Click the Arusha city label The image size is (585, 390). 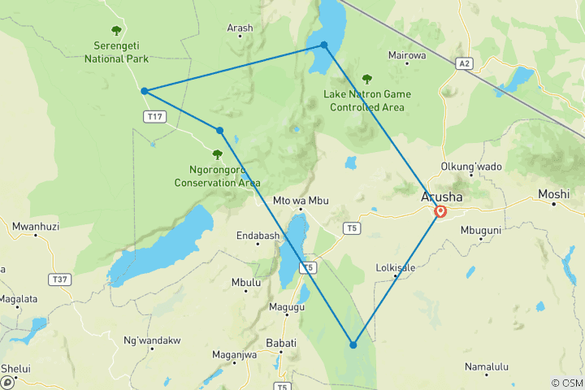pos(442,197)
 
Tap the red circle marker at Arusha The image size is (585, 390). pos(440,212)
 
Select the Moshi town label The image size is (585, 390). pos(553,195)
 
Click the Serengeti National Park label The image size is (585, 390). pos(116,52)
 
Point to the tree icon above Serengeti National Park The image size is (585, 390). pos(116,31)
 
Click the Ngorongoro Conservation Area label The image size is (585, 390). pos(217,176)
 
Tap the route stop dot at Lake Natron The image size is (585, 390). pos(324,45)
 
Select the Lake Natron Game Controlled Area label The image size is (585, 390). pos(367,99)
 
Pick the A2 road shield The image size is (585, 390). pos(464,63)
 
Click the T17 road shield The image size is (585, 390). pos(154,118)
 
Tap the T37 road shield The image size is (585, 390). pos(59,279)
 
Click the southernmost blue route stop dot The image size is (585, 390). pos(353,345)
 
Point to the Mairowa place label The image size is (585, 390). pos(407,56)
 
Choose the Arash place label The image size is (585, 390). pos(240,28)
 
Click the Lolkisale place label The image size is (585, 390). pos(396,267)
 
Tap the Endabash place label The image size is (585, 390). pos(258,236)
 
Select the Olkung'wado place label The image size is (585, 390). pos(471,167)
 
